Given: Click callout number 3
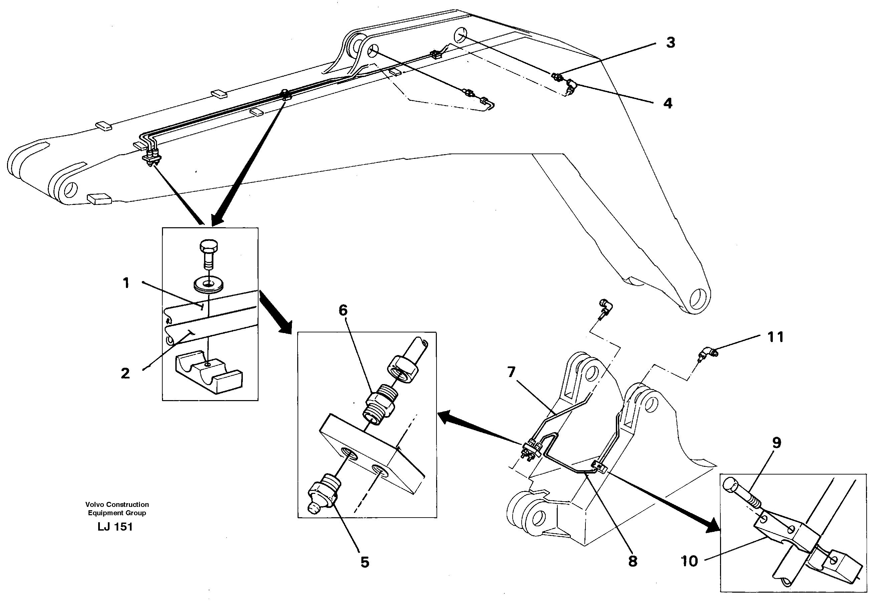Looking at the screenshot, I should coord(670,43).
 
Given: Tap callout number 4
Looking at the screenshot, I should coord(668,103).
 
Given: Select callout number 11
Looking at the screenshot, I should coord(775,337).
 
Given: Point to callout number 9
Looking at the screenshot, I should coord(777,443).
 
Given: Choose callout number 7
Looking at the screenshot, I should coord(511,372).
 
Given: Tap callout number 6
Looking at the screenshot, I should coord(343,310).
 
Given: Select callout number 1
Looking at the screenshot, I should coord(126,282).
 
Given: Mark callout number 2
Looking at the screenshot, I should coord(125,373).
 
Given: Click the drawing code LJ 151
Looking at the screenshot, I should coord(115,527).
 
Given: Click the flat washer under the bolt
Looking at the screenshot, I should coord(208,284).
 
